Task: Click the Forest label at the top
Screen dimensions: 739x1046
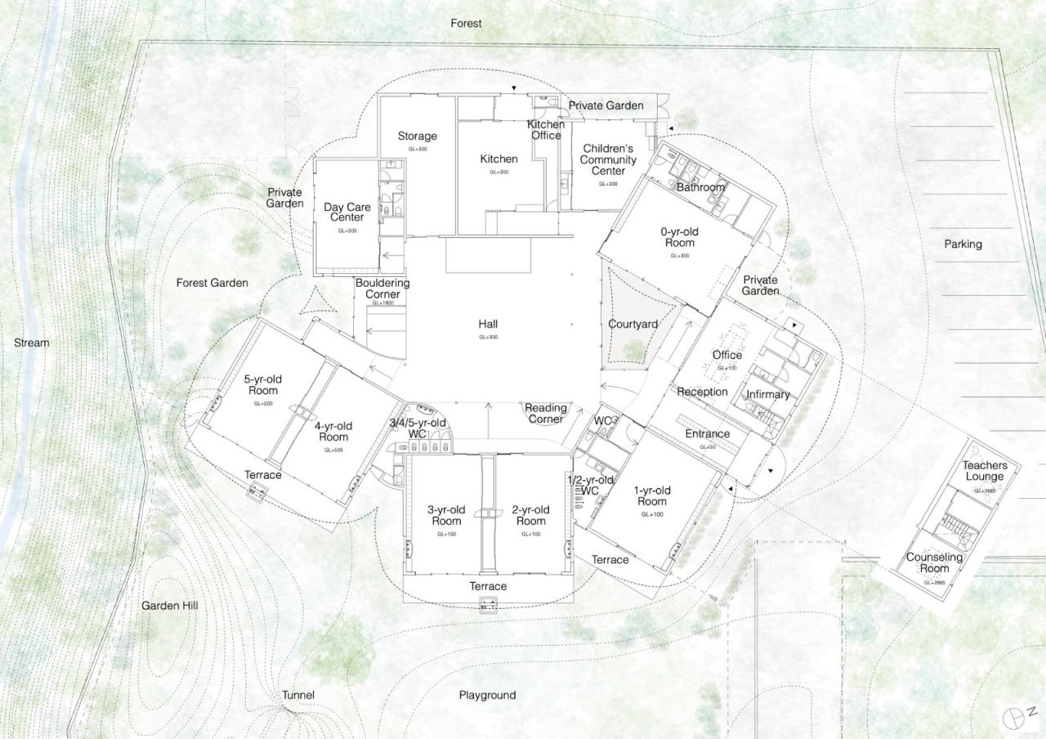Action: [466, 24]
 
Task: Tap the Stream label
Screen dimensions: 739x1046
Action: [31, 343]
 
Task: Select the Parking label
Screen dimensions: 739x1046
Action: [963, 244]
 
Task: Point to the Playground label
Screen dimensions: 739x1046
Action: [487, 695]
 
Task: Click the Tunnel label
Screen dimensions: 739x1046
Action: [298, 695]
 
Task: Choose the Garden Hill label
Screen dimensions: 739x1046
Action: [169, 606]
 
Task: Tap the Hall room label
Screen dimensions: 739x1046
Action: [488, 325]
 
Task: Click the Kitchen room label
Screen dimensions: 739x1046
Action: [498, 159]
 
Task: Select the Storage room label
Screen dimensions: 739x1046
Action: [417, 136]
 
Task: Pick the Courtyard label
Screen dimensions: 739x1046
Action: [633, 324]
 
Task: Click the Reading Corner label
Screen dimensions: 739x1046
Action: [545, 414]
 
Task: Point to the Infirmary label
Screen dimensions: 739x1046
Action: [768, 395]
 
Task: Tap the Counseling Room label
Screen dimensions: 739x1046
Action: [934, 563]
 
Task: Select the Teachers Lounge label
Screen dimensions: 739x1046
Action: [985, 471]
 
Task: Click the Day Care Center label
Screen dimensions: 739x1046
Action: [347, 213]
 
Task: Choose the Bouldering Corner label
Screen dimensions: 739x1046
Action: [382, 289]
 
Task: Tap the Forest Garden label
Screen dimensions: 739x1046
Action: [212, 283]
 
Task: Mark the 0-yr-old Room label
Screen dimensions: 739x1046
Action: [679, 237]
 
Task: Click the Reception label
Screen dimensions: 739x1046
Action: [702, 392]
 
